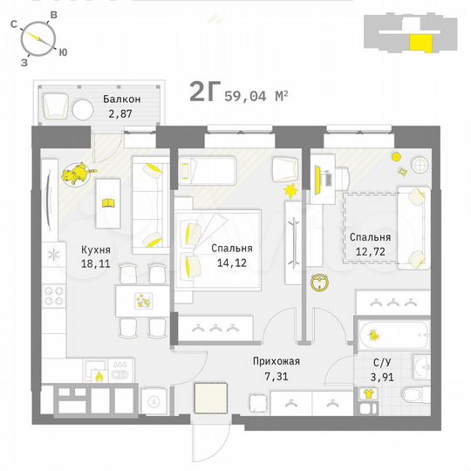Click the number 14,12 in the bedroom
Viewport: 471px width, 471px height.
[231, 261]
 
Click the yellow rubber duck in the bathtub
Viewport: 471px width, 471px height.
[374, 335]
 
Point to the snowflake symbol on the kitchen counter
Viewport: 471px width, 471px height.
[54, 255]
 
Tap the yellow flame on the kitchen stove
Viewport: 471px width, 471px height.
[99, 376]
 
